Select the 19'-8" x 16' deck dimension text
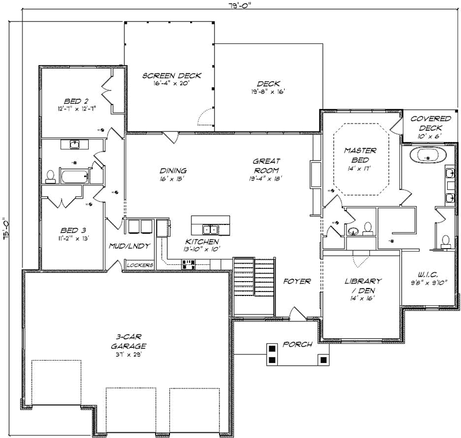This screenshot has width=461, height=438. tap(268, 91)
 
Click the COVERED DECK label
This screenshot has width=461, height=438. tap(430, 123)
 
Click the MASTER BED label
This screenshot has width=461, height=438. tap(360, 155)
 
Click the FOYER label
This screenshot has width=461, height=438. tap(297, 282)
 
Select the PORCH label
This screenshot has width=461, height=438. tap(297, 345)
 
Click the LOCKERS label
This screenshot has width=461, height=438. tap(139, 265)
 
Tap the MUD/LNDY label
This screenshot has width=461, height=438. tap(130, 246)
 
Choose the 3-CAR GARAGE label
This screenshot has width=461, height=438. tap(129, 342)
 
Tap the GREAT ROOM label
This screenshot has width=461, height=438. tap(265, 166)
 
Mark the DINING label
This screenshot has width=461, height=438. tap(173, 171)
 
